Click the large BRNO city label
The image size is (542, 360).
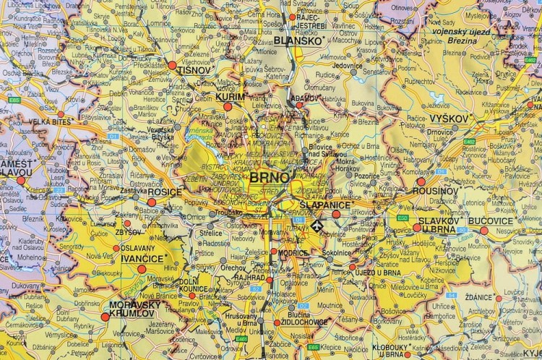click(x=270, y=177)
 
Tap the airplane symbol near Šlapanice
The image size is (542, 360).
click(x=315, y=227)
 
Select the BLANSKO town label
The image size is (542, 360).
click(x=298, y=41)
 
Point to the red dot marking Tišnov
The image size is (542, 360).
click(x=172, y=65)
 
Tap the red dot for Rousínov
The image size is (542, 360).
click(x=421, y=181)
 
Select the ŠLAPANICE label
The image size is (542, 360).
click(x=323, y=205)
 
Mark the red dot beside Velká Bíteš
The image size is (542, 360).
click(x=61, y=113)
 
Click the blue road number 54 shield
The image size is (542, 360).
click(x=451, y=295)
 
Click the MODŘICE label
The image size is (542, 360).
click(x=293, y=253)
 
